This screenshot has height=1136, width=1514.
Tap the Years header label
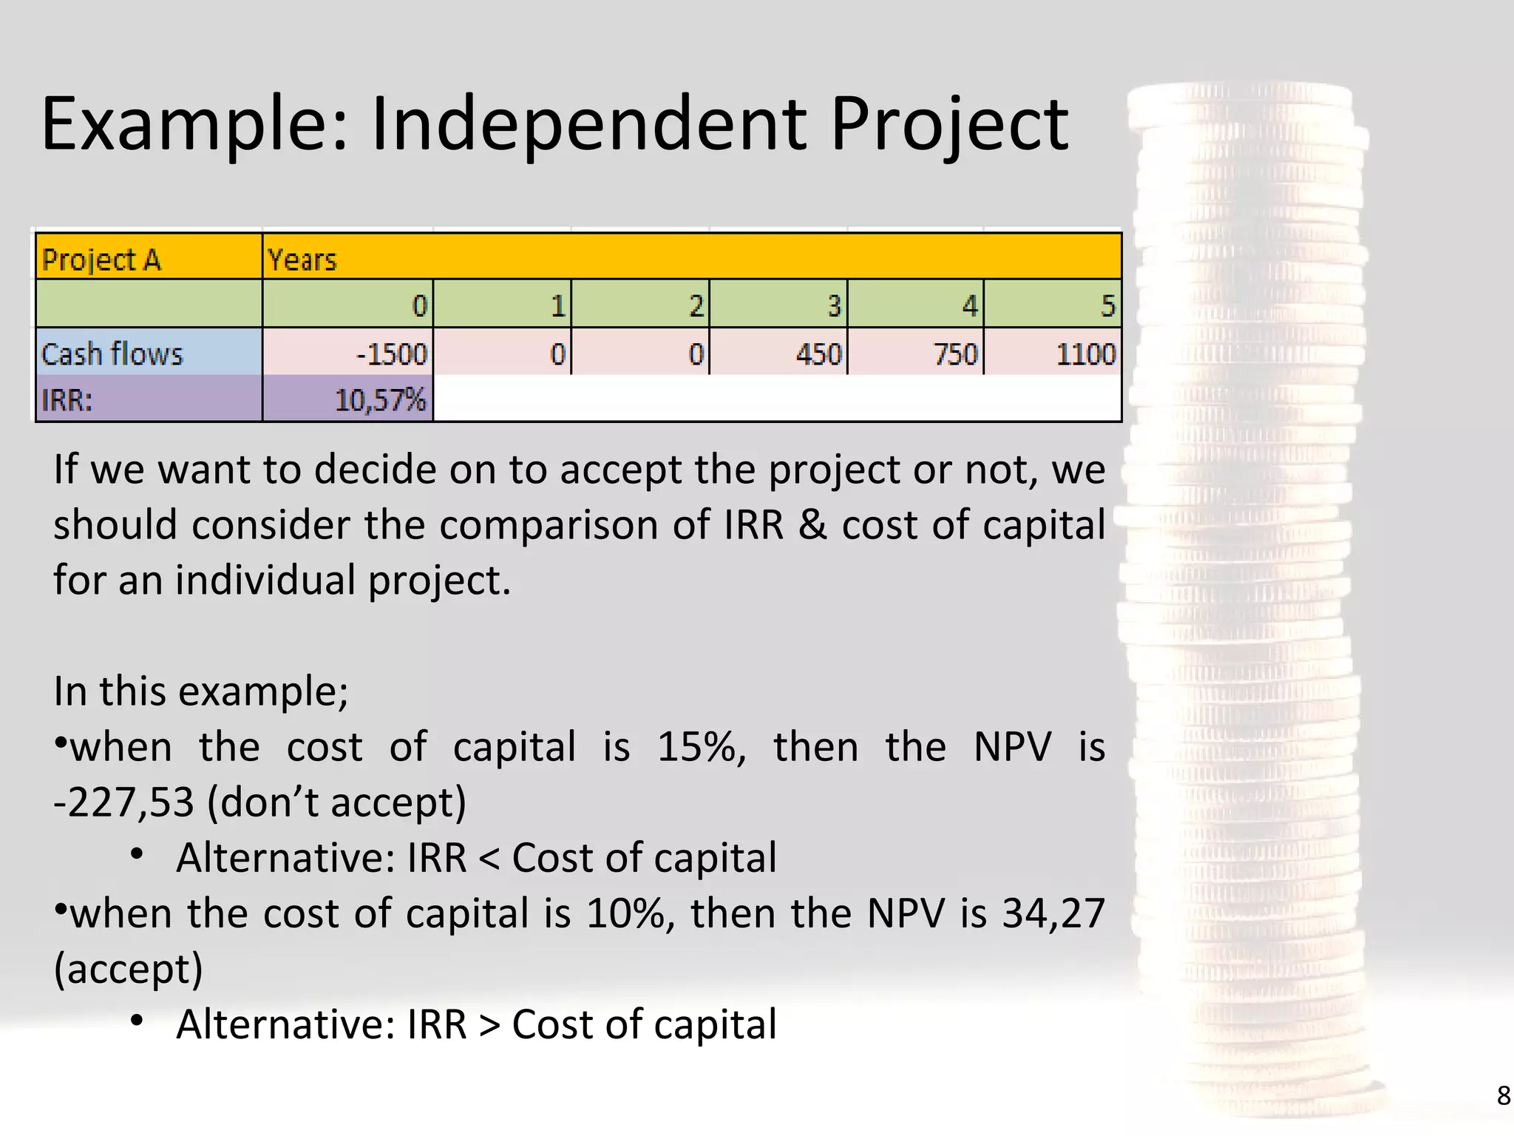point(302,260)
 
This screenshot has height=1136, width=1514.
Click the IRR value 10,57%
point(380,400)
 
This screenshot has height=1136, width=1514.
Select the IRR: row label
point(67,400)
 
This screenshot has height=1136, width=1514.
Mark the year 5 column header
point(1107,305)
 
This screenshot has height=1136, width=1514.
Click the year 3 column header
point(834,305)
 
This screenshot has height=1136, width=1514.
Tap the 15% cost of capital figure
point(699,747)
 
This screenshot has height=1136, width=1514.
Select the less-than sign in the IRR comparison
point(489,858)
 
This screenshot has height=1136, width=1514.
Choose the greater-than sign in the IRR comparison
point(489,1024)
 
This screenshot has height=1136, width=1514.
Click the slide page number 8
point(1503,1095)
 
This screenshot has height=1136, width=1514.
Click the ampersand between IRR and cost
point(812,525)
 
